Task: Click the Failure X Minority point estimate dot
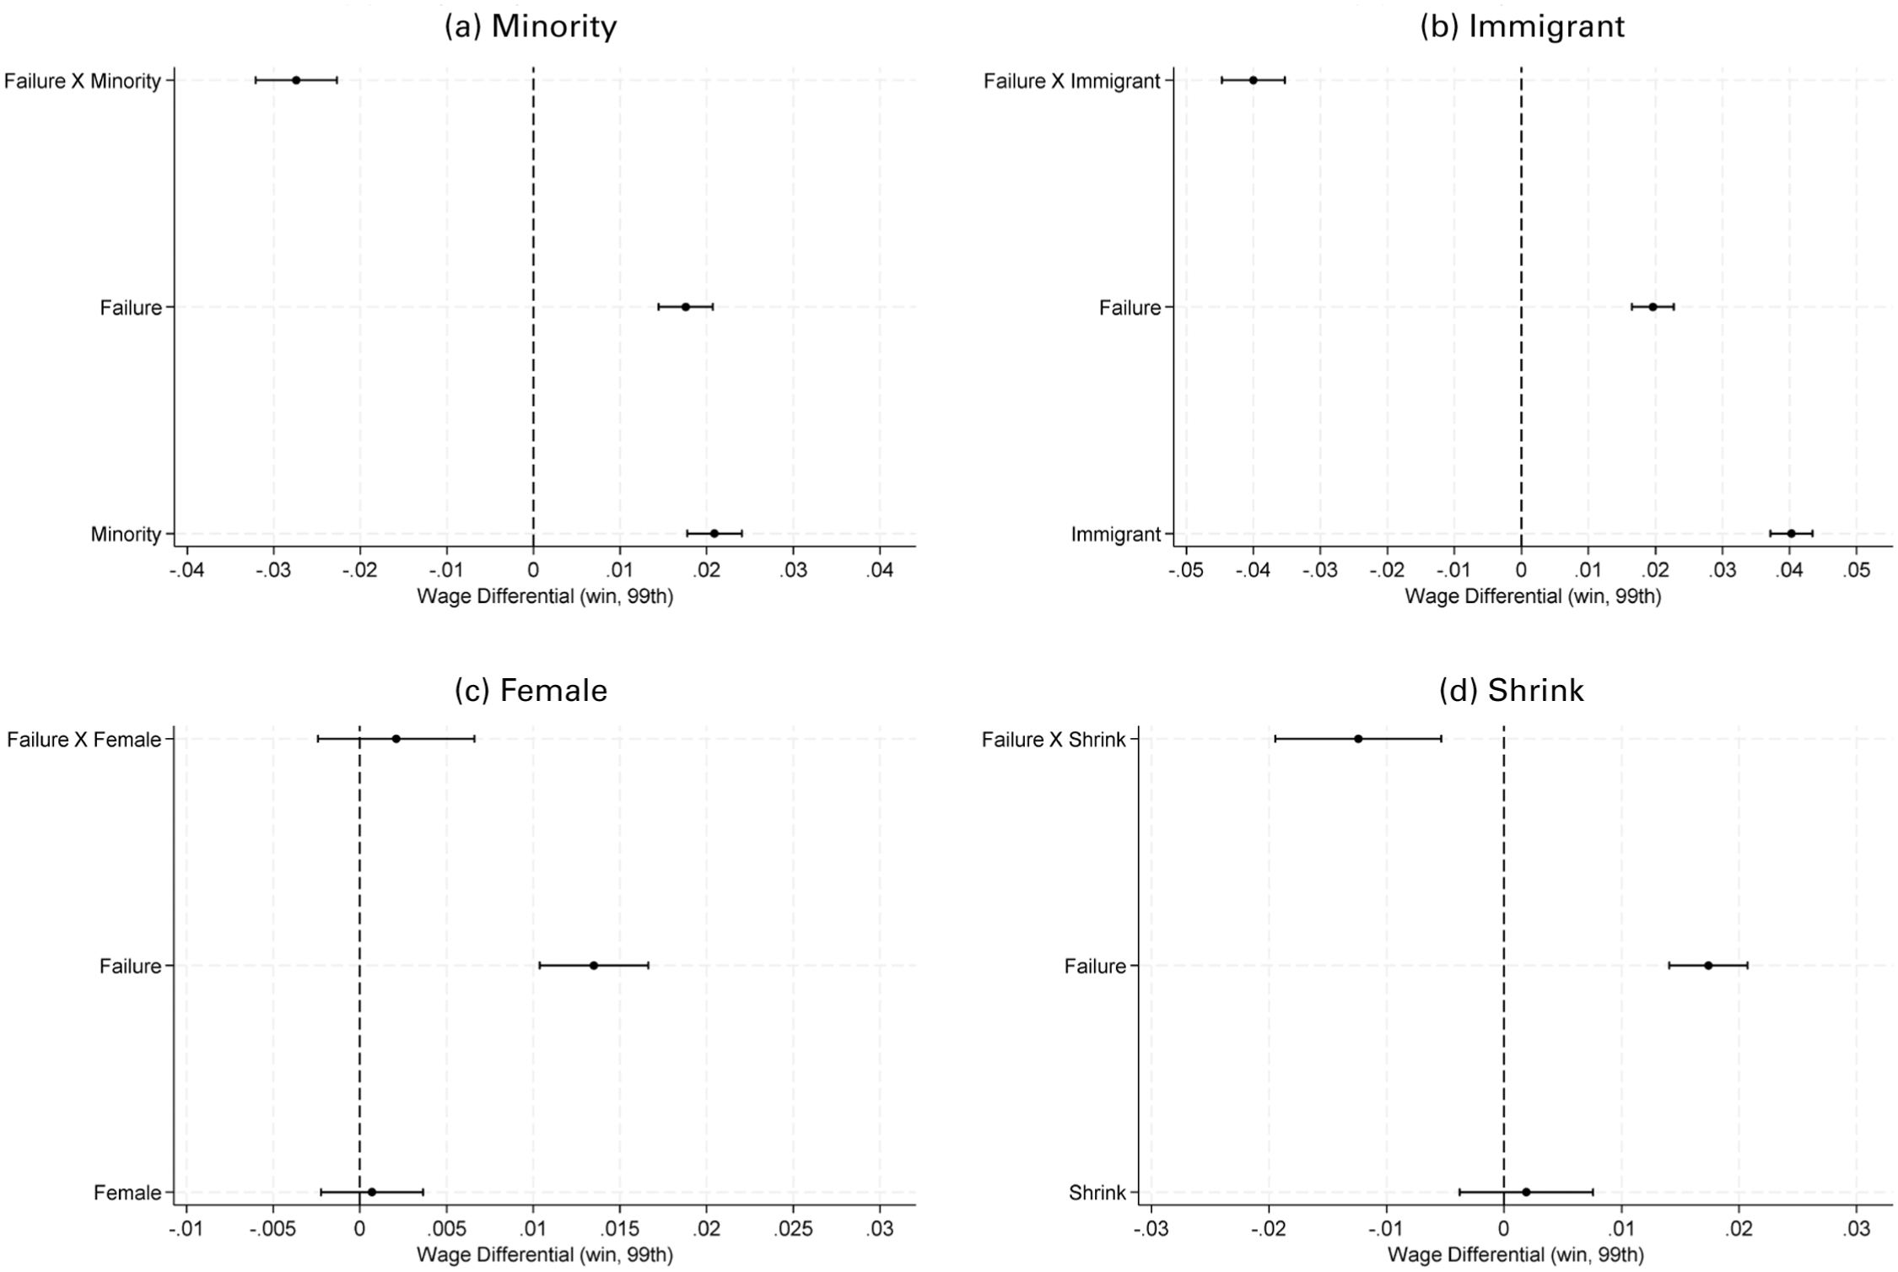click(296, 80)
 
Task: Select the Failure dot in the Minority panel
click(685, 307)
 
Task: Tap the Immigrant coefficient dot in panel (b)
click(1791, 533)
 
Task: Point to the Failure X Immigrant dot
click(1253, 80)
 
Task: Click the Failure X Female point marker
click(396, 739)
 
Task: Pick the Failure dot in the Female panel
click(594, 965)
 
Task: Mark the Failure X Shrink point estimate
click(1358, 739)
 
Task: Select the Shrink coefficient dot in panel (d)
click(1526, 1192)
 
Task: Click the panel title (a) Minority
click(531, 27)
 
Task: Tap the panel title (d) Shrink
click(1512, 690)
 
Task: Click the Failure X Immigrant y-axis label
click(1072, 81)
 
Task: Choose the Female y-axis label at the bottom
click(127, 1193)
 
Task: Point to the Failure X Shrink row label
click(1054, 740)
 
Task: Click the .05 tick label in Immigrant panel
click(1856, 570)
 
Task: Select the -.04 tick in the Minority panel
click(186, 570)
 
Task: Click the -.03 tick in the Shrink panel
click(1151, 1229)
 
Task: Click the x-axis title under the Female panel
click(545, 1255)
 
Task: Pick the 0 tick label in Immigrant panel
click(1521, 570)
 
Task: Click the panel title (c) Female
click(531, 690)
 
